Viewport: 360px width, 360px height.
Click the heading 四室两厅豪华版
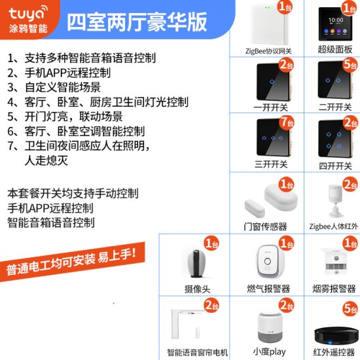click(x=137, y=22)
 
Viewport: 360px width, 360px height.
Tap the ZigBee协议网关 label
click(x=268, y=51)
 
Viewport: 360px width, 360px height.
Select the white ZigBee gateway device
click(x=270, y=24)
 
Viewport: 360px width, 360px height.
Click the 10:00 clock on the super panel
click(x=336, y=20)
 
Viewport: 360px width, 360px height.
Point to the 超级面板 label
click(x=335, y=49)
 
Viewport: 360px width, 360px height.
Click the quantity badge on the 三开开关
click(x=287, y=122)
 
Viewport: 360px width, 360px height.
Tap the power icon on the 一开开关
click(x=272, y=81)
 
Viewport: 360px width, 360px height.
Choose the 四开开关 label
click(x=335, y=166)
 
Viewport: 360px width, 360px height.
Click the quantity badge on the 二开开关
click(x=350, y=65)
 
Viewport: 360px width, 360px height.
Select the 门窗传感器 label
click(x=265, y=226)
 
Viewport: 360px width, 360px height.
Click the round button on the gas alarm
click(x=268, y=261)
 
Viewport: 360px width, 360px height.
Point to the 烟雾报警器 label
click(x=334, y=289)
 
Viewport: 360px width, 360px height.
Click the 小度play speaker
click(x=270, y=327)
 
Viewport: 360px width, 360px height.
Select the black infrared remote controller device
click(x=335, y=336)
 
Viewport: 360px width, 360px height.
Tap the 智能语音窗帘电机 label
click(x=198, y=352)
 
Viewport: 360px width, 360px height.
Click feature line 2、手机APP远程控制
click(x=59, y=73)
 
